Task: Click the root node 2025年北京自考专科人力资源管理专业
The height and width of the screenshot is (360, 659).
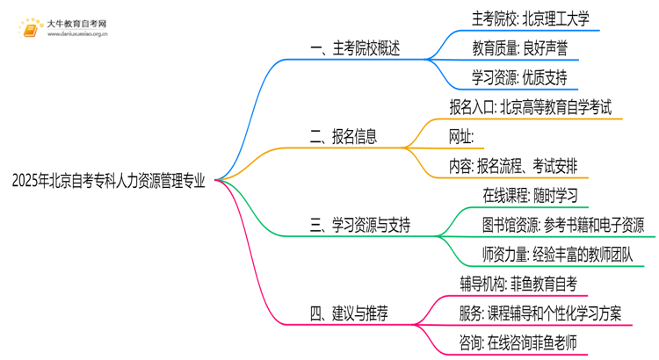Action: pos(109,182)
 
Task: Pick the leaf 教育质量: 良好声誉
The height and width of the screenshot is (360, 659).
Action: pos(509,49)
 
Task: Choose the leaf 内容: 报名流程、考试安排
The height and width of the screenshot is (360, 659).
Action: pos(513,165)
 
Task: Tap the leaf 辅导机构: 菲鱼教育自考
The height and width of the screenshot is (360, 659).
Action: pos(518,283)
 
